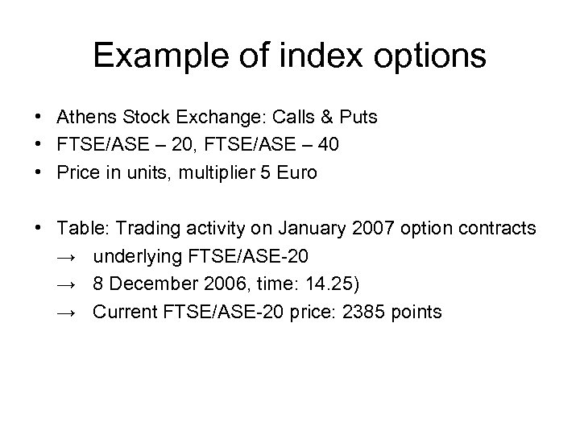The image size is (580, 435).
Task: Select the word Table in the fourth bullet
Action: tap(77, 228)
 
